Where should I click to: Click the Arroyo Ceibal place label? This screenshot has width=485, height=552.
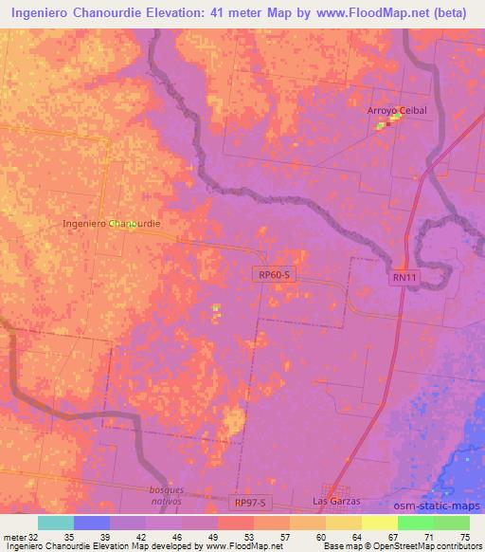point(398,111)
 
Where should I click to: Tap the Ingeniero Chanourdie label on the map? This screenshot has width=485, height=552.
point(110,224)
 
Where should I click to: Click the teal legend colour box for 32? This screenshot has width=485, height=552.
point(56,522)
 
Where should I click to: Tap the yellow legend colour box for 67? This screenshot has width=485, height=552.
point(380,522)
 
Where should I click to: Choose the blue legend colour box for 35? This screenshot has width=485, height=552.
point(92,522)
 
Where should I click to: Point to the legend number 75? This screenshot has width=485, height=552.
point(462,536)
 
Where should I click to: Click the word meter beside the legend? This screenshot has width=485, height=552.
point(14,536)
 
